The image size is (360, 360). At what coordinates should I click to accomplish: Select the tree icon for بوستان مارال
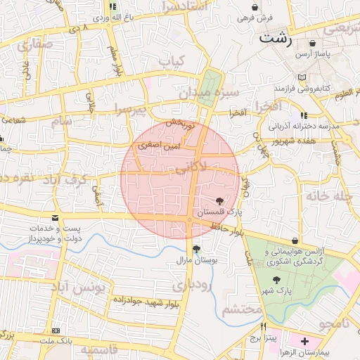pos(196,249)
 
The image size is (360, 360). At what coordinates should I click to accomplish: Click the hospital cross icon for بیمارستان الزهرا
pos(304,342)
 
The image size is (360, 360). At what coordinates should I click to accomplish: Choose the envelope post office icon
pos(56,219)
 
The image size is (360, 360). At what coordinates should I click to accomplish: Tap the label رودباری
pos(208,286)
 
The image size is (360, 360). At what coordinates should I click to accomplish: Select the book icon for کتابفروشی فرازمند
pos(302,77)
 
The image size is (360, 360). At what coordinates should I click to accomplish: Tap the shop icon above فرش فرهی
pos(255,6)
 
